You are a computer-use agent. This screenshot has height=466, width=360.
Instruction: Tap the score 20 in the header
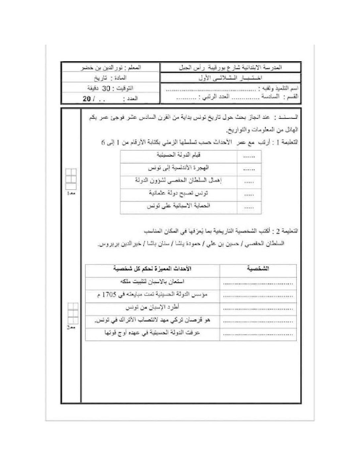87,99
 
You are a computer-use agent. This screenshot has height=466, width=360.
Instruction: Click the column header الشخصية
258,269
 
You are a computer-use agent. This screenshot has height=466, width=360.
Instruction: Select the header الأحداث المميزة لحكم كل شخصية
152,269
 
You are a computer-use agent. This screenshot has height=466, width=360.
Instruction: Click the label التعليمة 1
288,142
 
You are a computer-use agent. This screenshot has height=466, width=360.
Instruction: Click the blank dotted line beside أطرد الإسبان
258,308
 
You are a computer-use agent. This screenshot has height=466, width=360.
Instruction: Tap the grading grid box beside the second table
71,313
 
